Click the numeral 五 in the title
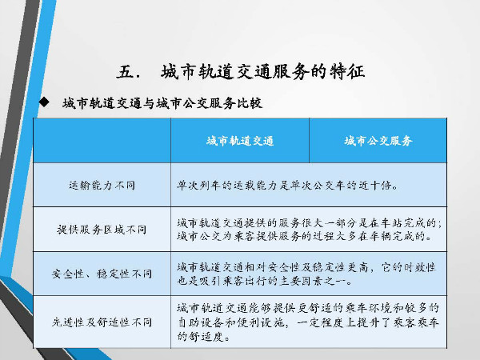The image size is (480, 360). [125, 72]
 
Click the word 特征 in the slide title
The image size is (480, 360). [347, 72]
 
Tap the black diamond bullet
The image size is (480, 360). [44, 102]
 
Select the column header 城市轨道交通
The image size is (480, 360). [240, 141]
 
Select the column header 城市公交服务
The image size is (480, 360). [378, 141]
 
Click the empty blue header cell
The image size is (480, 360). [102, 141]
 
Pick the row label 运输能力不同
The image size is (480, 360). [102, 186]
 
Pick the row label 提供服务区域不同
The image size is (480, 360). [102, 230]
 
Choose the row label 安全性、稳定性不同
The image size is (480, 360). [102, 274]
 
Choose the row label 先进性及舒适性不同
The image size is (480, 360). [102, 322]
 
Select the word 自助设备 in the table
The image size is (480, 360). [199, 322]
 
